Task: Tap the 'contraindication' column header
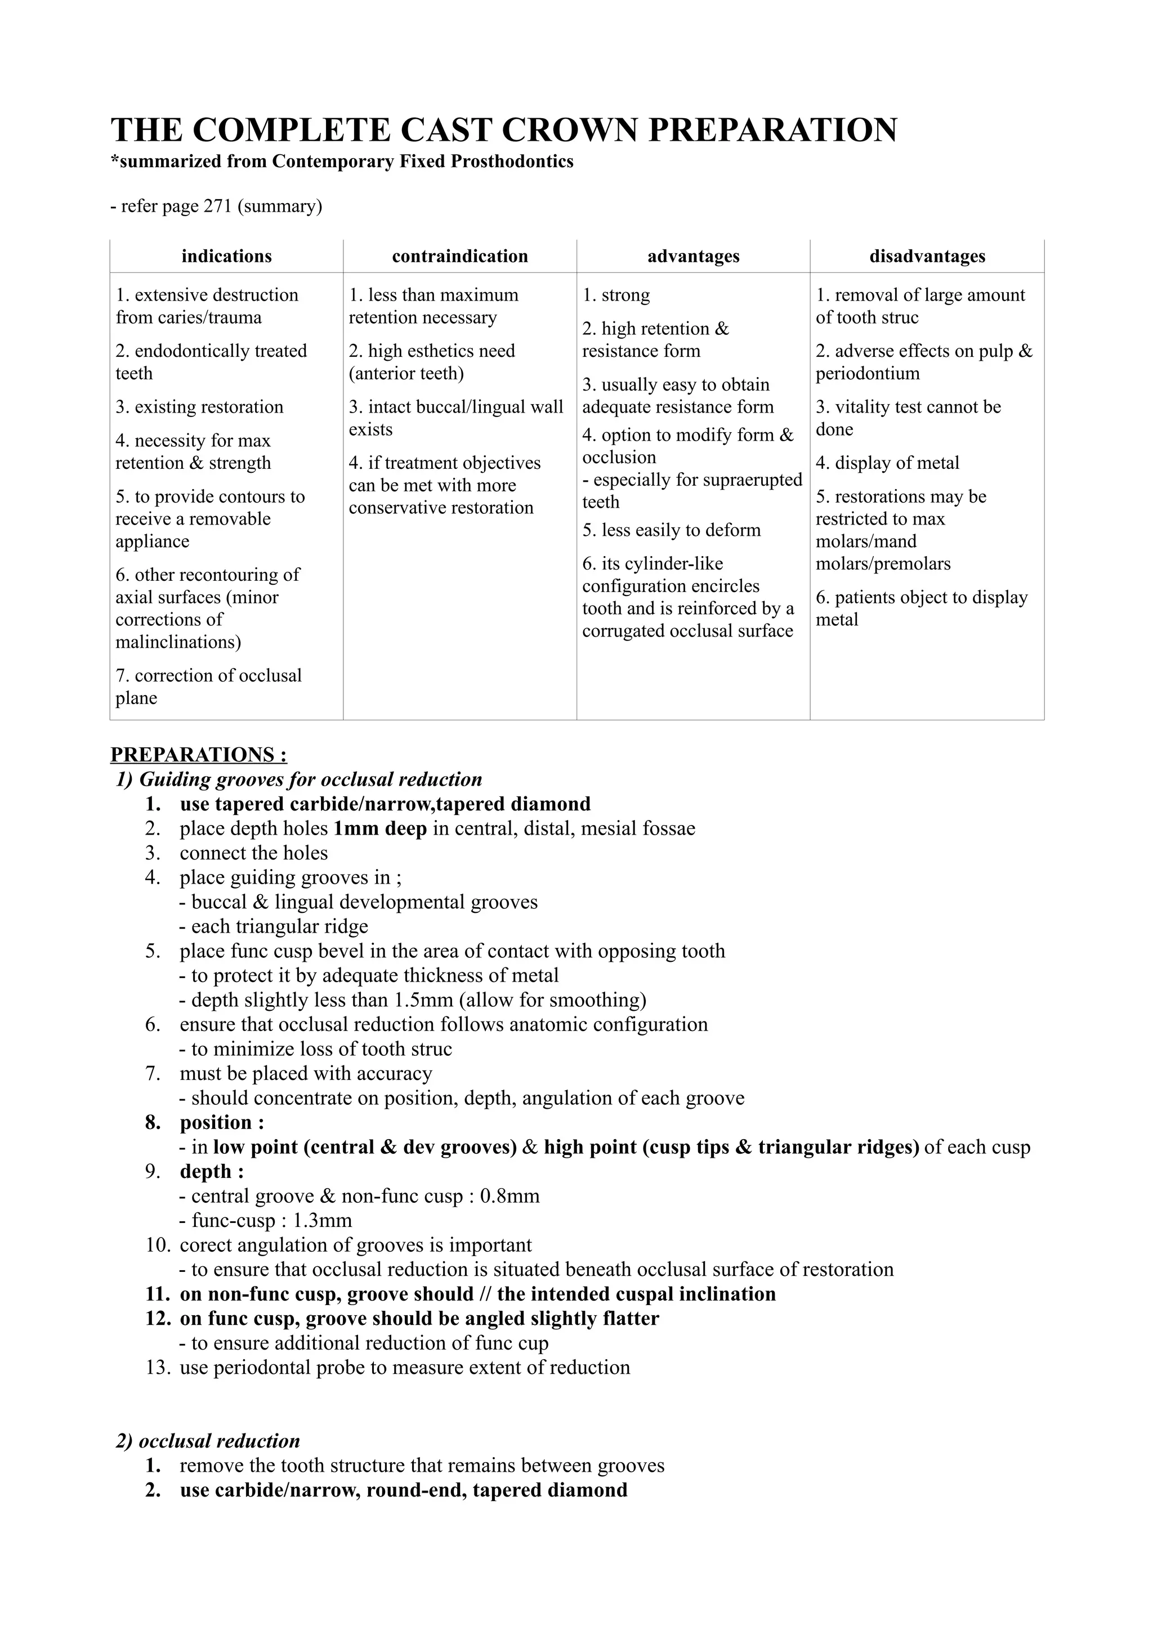[x=459, y=257]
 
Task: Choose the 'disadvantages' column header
[x=927, y=257]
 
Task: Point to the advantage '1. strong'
[x=616, y=295]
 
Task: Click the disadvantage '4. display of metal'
[x=887, y=463]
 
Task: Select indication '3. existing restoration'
[x=200, y=407]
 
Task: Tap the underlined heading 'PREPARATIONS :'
[x=199, y=754]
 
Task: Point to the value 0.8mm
[x=510, y=1197]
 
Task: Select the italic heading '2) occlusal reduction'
[x=207, y=1441]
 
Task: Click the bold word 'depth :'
[x=212, y=1171]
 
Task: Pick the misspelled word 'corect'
[x=204, y=1245]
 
